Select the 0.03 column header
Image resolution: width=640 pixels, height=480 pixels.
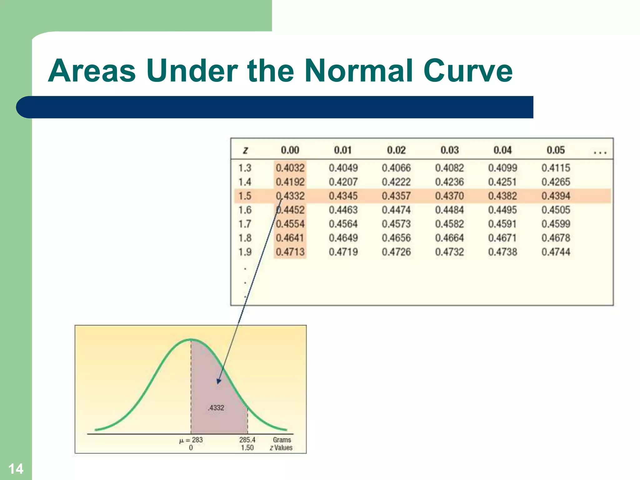tap(449, 150)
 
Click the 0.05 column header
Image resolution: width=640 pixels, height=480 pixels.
tap(556, 150)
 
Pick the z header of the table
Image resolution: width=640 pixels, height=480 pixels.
tap(245, 151)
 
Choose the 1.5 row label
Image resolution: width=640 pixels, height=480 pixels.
tap(245, 196)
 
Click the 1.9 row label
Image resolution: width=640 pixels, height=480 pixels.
tap(245, 252)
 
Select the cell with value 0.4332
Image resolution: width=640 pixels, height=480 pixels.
tap(290, 196)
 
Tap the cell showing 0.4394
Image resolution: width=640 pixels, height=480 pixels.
tap(556, 196)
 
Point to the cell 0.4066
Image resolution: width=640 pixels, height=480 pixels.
tap(396, 168)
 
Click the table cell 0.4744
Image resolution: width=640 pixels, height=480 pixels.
tap(556, 252)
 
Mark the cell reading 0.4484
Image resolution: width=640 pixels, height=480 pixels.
tap(449, 210)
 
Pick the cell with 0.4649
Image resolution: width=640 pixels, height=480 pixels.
tap(343, 238)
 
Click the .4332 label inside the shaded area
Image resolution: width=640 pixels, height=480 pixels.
tap(216, 408)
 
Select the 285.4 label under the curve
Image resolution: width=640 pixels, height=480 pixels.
tap(247, 440)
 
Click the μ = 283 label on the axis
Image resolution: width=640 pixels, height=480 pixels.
tap(191, 440)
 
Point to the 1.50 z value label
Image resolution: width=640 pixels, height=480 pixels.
tap(247, 448)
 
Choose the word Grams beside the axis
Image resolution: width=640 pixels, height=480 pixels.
tap(282, 440)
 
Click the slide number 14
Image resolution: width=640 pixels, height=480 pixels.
tap(16, 469)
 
